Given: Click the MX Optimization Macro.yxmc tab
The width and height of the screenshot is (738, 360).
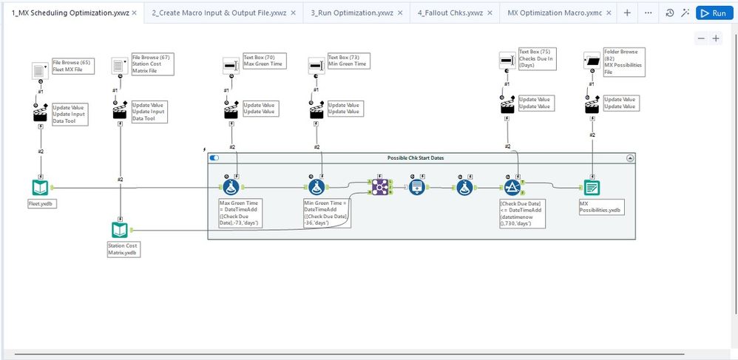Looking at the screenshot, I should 560,13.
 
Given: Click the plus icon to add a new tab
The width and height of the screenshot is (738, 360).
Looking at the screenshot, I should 627,13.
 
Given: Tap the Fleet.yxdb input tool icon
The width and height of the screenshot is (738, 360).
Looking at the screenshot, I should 40,187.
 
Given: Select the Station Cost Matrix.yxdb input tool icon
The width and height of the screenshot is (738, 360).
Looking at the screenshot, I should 120,230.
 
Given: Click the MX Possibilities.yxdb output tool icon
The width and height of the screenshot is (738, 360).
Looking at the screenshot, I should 592,187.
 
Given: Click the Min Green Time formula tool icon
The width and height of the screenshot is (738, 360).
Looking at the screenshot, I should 317,187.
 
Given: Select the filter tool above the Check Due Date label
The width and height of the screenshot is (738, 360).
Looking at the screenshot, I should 512,187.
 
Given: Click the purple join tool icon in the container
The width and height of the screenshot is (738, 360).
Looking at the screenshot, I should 380,187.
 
